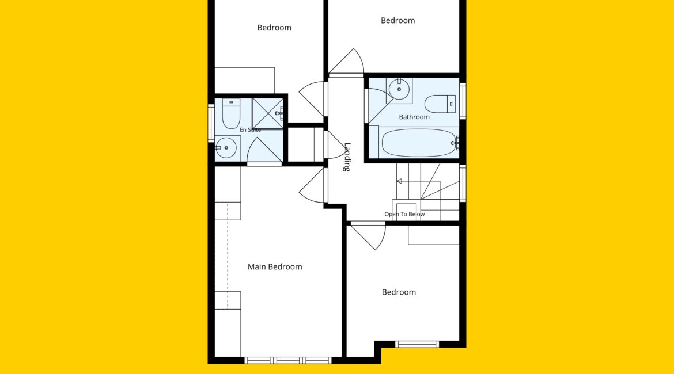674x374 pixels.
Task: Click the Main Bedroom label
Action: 275,266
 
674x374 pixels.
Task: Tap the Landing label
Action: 347,157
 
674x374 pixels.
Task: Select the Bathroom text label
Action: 414,117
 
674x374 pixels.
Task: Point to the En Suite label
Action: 250,129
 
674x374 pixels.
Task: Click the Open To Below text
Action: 404,214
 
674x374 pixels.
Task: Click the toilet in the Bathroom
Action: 440,104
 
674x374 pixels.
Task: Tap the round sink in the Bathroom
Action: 399,89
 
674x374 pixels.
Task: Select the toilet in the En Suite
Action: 231,113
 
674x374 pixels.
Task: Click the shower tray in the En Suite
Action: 268,113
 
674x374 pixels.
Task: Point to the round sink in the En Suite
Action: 226,148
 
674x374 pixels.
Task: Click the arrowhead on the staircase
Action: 399,181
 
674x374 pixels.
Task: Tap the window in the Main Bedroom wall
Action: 288,360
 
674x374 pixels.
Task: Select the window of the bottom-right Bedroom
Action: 417,344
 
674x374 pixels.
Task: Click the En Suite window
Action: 211,123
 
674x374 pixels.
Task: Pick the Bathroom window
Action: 463,101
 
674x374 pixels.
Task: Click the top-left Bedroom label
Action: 274,28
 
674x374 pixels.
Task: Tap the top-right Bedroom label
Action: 397,21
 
